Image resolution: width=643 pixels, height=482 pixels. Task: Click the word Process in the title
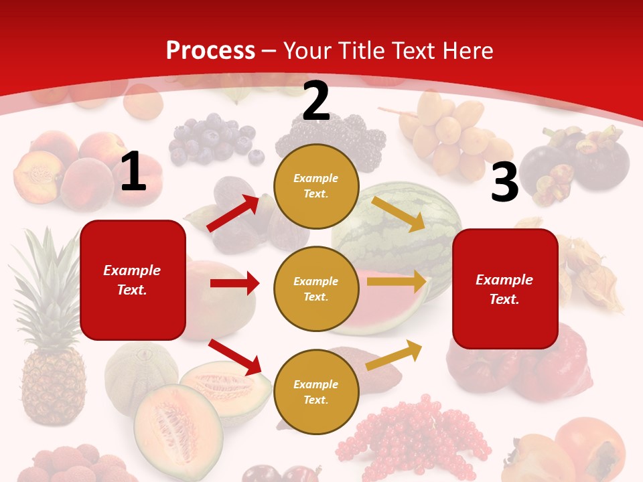[x=210, y=50]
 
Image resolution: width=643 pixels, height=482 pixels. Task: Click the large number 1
[x=133, y=172]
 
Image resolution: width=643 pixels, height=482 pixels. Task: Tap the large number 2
[x=316, y=101]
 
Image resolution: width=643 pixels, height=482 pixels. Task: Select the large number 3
[x=504, y=183]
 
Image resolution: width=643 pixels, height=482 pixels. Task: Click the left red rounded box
[x=133, y=280]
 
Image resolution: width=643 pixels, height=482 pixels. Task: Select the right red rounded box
[x=505, y=289]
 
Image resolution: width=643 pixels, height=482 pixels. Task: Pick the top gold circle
[x=316, y=186]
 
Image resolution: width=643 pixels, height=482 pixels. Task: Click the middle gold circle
[x=316, y=289]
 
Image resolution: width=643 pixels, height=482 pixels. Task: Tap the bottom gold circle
[x=316, y=392]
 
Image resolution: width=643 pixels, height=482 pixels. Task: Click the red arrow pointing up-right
[x=233, y=214]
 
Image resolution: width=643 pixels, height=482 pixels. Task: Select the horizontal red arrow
[x=234, y=283]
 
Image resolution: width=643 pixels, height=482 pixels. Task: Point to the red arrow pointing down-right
[x=235, y=357]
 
